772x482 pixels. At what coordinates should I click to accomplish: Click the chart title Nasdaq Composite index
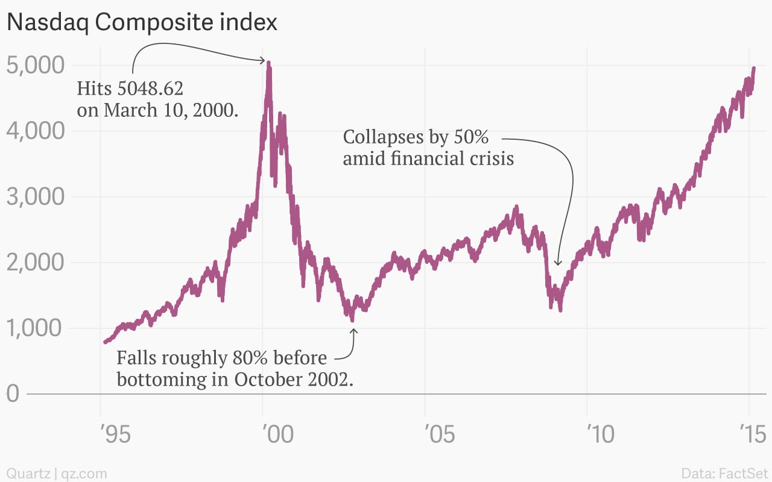[142, 23]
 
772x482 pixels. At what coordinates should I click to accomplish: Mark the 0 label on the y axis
[13, 394]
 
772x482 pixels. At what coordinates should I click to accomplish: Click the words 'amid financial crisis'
[428, 158]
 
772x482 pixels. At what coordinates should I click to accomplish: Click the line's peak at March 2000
[268, 62]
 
